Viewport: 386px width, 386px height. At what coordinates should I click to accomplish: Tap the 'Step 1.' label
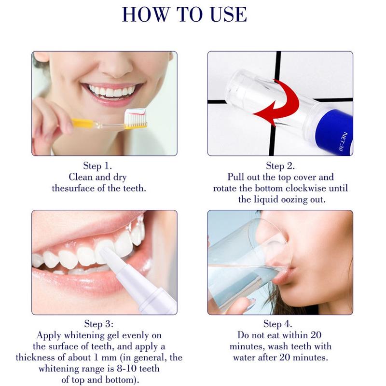point(97,165)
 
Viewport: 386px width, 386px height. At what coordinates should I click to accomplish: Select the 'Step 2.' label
point(280,165)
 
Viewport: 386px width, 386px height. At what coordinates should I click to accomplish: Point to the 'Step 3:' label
point(99,324)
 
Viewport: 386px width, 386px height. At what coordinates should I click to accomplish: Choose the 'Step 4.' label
point(278,324)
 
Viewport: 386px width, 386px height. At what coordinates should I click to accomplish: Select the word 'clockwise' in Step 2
point(305,188)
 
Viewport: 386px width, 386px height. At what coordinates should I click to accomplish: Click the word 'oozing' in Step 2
point(294,200)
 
